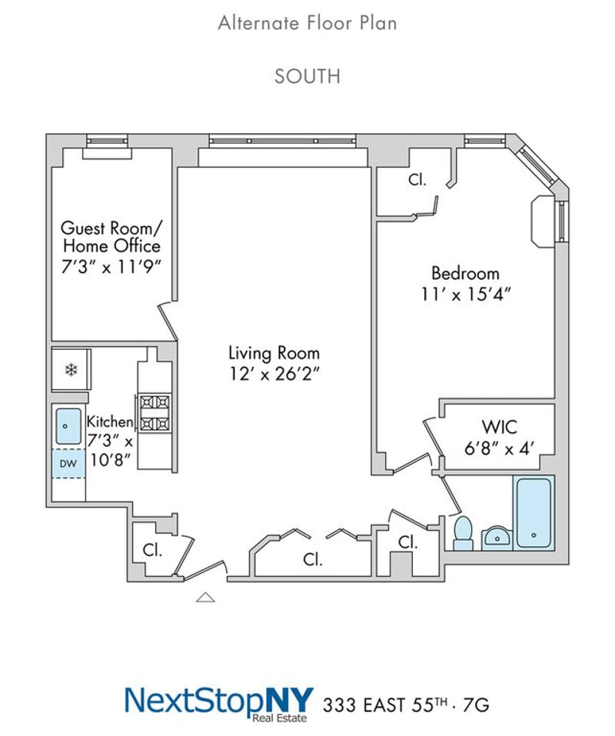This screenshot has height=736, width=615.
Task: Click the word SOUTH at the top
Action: [307, 76]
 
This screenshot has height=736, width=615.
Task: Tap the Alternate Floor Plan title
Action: [307, 23]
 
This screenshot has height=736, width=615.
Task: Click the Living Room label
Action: [274, 353]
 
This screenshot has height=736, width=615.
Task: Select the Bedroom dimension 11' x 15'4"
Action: [465, 295]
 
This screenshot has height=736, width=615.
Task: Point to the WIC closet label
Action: [499, 427]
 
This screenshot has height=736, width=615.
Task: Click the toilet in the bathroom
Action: [464, 533]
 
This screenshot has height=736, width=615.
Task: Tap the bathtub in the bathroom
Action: [534, 512]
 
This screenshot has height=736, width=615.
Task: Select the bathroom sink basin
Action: [497, 538]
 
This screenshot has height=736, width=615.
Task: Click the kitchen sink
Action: [68, 426]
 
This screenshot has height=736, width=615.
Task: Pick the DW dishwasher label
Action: [68, 464]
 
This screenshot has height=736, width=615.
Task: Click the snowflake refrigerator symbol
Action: [71, 371]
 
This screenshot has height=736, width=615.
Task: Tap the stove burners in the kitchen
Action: [155, 413]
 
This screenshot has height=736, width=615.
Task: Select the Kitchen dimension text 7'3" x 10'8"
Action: [110, 451]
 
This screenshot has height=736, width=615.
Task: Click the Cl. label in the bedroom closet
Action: [417, 179]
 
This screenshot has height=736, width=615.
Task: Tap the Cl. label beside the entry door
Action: [152, 550]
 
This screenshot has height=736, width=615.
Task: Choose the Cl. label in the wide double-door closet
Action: [312, 559]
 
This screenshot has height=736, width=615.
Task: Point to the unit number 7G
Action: [476, 705]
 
